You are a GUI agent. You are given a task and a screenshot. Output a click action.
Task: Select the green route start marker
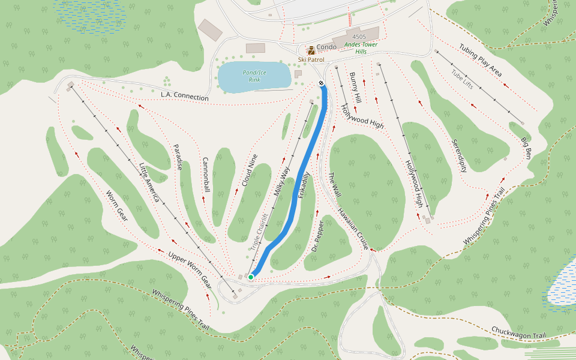[x=251, y=277]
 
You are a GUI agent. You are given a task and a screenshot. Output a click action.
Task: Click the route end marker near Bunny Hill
[x=322, y=83]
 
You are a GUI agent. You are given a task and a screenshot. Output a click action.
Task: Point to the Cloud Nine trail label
[x=250, y=170]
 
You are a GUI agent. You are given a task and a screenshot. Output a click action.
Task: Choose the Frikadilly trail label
[x=304, y=186]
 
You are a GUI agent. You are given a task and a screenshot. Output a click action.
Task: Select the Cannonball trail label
[x=206, y=175]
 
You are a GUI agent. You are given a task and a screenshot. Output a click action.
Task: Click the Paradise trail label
[x=178, y=157]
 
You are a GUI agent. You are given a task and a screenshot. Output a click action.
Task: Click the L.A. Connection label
[x=185, y=97]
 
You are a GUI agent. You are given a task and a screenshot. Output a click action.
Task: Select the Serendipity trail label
[x=459, y=155]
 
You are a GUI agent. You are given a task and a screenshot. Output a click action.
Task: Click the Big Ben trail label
[x=526, y=147]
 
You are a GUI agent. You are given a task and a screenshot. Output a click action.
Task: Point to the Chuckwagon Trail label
[x=518, y=332]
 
